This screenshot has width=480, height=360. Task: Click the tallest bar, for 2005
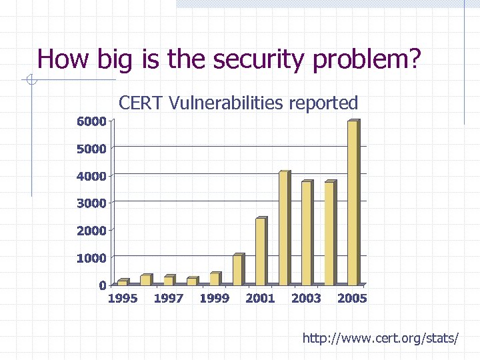353,203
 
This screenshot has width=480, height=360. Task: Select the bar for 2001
261,251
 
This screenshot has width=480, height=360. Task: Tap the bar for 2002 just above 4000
284,228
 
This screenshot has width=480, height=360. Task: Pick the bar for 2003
307,233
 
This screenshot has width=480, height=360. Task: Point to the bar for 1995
123,283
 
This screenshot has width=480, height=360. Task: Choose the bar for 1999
215,279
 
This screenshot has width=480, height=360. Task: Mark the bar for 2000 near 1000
238,270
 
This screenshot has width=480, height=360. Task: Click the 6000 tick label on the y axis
91,121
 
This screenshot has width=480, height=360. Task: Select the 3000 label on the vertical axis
91,203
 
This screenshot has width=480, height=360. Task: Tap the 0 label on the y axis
102,285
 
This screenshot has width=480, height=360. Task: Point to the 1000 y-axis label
91,258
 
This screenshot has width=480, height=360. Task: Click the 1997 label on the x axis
168,299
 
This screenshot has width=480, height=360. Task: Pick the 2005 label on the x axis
352,299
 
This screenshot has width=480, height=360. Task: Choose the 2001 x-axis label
260,299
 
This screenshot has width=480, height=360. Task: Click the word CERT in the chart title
141,103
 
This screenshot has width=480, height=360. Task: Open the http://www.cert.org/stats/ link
380,339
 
